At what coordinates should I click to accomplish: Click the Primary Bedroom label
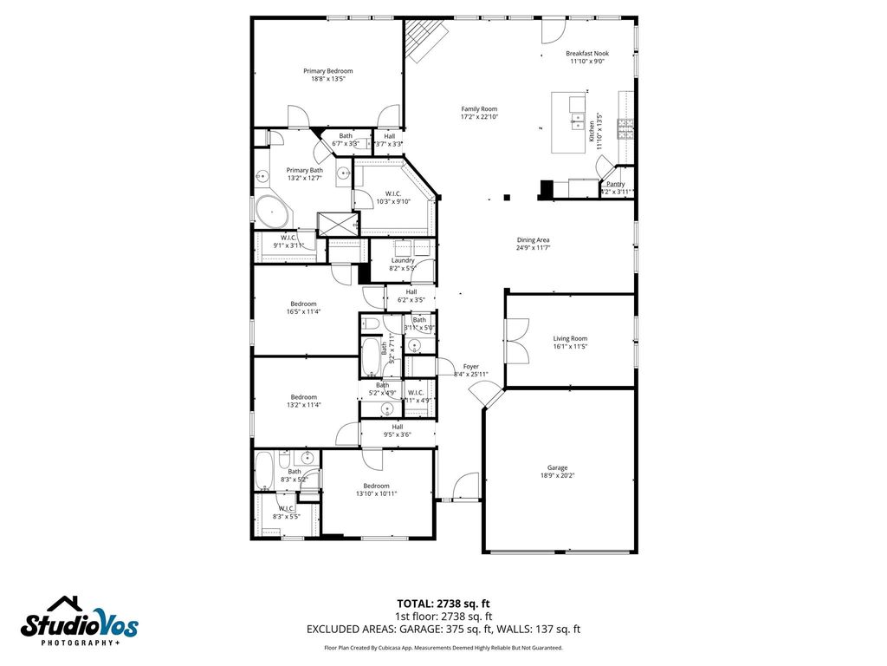[327, 71]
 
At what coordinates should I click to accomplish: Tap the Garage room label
[557, 467]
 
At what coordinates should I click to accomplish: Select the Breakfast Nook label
[587, 54]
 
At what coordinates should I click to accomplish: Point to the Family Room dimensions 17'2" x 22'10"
[479, 117]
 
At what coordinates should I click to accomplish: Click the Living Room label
[570, 339]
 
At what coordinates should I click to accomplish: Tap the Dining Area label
[533, 240]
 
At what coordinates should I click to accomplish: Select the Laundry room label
[403, 260]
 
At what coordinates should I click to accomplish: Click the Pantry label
[615, 184]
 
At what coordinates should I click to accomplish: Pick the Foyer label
[470, 367]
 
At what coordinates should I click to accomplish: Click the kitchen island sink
[578, 119]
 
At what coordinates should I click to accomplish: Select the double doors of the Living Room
[516, 339]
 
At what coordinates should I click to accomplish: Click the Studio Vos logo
[80, 621]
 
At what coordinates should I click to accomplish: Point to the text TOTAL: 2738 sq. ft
[443, 604]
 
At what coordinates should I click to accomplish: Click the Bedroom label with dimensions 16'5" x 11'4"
[303, 304]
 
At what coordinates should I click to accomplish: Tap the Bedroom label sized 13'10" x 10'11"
[376, 486]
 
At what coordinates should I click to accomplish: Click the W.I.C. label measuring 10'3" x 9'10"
[392, 193]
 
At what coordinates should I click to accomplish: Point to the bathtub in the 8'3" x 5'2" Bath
[264, 470]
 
